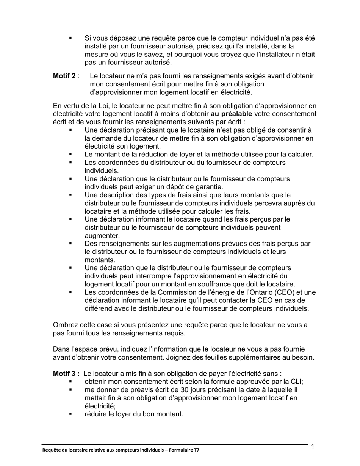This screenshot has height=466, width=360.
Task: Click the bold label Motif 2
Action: click(x=64, y=76)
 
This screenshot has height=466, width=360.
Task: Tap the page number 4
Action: click(x=312, y=446)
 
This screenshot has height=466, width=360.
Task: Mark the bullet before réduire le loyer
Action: click(x=70, y=414)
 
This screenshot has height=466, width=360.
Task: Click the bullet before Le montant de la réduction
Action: click(x=70, y=155)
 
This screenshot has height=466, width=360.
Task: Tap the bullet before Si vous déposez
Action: click(x=70, y=38)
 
